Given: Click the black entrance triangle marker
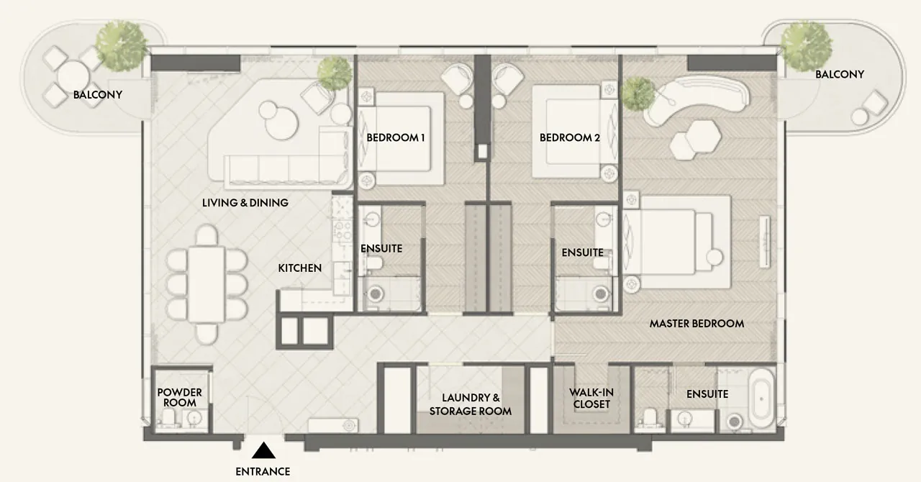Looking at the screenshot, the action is coord(263,450).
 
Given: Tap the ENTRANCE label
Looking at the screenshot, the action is coord(263,471).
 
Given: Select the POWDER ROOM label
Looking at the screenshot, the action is coord(180,397).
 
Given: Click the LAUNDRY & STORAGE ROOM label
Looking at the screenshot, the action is coord(471,404).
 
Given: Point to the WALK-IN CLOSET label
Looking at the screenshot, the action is coord(591,398).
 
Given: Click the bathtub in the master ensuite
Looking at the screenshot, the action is coord(761,399).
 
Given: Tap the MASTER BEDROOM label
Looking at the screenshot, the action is coord(697,324).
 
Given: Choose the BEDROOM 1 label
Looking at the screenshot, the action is coord(396,137).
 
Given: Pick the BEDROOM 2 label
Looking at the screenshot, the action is coord(570,137).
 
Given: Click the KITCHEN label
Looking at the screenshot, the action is coord(300,268).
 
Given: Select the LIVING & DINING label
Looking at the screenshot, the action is coord(245,203).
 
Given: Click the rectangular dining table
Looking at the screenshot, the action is coord(206,283).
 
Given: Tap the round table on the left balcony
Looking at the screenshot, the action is coord(73,76).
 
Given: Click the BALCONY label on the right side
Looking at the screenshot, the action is coord(840,74).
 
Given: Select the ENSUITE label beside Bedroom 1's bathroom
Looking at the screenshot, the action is coord(381,248).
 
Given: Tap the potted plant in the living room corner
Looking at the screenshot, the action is coord(335,73).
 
